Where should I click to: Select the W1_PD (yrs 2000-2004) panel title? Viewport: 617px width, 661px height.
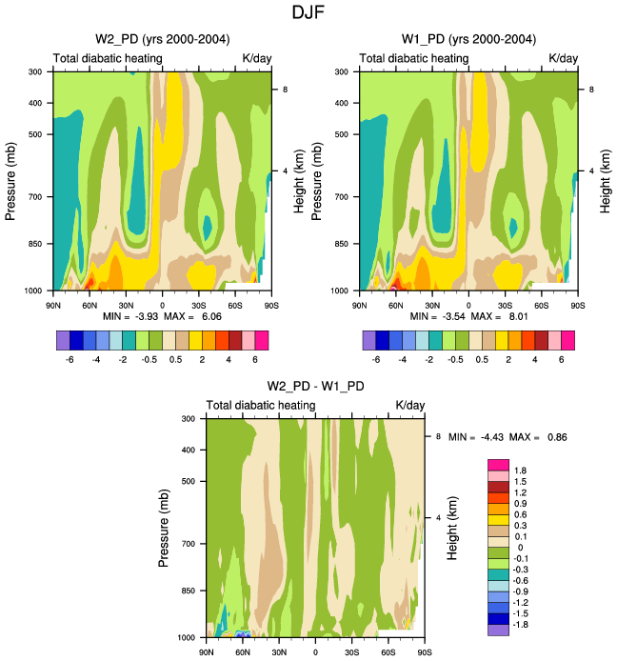click(x=468, y=39)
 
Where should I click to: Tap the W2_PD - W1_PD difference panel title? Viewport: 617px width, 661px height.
click(x=315, y=386)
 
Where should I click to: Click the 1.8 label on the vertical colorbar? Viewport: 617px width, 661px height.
click(x=521, y=471)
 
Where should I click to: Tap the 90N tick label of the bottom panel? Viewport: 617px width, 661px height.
click(x=207, y=652)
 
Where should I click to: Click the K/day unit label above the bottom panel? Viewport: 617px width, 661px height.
click(x=410, y=406)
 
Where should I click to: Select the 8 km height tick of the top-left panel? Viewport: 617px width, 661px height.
click(x=285, y=90)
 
